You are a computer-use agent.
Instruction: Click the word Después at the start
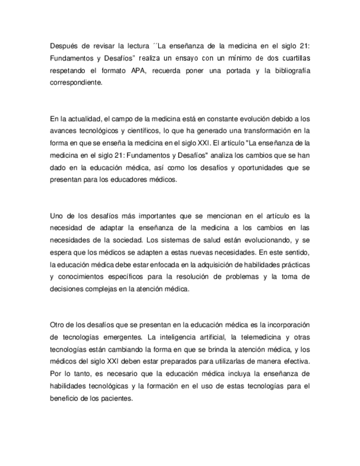[x=63, y=47]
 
